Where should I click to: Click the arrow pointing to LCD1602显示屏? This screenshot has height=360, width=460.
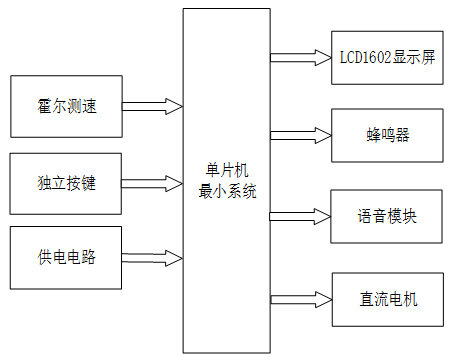(x=300, y=56)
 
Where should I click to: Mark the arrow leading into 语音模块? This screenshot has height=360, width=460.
(x=300, y=216)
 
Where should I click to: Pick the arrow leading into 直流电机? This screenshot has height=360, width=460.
(x=300, y=298)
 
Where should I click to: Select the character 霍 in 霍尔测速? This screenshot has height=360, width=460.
(x=45, y=106)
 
